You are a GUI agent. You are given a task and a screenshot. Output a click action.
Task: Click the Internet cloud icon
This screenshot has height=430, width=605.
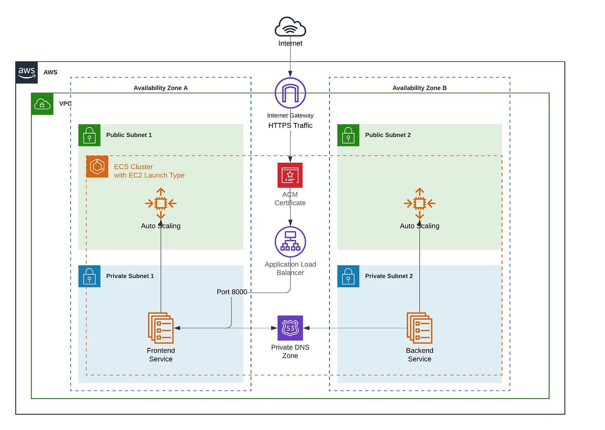point(290,27)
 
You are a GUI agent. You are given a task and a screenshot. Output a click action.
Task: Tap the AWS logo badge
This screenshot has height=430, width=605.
point(27,72)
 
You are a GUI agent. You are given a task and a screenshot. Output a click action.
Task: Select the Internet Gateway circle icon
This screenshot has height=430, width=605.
point(290,93)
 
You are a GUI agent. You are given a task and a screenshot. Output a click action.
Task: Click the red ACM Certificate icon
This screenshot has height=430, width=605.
point(290,175)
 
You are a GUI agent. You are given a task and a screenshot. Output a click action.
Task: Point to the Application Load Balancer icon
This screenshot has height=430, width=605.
point(290,242)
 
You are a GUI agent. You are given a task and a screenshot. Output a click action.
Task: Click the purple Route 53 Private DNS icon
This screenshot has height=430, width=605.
point(290,328)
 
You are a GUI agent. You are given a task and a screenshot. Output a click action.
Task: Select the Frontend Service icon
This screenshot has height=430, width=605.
point(161,328)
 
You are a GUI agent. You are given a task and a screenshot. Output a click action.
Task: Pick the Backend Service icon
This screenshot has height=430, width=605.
point(419,328)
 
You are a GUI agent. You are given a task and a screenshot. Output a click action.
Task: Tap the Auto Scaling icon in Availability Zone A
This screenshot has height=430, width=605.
point(161,203)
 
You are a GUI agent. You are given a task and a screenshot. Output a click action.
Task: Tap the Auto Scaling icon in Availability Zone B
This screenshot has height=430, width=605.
point(419,203)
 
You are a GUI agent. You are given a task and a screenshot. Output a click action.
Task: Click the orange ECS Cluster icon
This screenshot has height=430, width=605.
point(97,166)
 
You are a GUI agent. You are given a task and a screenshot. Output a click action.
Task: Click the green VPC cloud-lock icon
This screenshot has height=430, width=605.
point(42,104)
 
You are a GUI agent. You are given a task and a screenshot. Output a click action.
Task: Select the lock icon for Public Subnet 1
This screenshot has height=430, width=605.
point(89,135)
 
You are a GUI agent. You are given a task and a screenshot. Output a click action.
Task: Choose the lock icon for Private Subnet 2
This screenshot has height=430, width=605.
point(348,276)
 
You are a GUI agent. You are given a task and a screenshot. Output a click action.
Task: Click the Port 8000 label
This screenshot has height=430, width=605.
point(232,292)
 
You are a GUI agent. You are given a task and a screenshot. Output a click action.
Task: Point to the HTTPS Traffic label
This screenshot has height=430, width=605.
point(290,125)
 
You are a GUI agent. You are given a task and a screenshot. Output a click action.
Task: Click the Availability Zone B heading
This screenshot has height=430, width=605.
point(419,88)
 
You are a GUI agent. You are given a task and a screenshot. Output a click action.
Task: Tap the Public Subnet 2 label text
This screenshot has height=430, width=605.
point(388,135)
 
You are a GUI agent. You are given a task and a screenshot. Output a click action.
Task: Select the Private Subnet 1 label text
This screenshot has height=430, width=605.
point(130,276)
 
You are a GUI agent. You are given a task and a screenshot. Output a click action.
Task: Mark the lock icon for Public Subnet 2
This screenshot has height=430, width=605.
point(348,135)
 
